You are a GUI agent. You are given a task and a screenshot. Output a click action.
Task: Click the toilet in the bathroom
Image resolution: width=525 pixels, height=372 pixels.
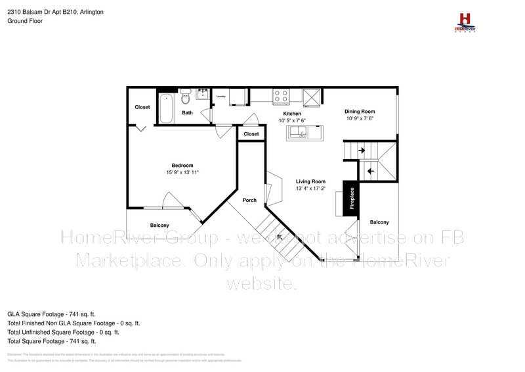coord(185,98)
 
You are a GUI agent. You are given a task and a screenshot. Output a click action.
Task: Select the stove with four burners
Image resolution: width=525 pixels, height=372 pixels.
coord(281,96)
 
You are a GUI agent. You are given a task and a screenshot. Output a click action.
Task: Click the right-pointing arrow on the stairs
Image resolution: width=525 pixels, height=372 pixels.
coord(362,151)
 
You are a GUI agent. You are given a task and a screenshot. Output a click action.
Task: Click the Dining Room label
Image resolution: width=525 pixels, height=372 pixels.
coord(360,111)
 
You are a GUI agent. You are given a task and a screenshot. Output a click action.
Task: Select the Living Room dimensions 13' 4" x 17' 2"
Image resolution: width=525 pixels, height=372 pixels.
coord(310,189)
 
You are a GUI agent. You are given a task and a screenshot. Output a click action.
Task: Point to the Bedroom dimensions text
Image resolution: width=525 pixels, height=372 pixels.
coord(182,172)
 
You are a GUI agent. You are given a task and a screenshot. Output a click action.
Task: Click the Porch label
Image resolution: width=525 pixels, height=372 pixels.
coord(249,200)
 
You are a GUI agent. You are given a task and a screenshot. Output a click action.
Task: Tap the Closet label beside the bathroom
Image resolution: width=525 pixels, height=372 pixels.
coord(142,107)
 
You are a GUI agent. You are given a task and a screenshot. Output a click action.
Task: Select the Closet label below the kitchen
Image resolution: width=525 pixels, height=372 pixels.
coord(251,134)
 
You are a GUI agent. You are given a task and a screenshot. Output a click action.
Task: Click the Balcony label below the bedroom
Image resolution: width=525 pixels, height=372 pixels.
coord(159,225)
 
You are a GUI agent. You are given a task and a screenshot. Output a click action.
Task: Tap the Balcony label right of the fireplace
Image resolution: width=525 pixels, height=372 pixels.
coord(379,222)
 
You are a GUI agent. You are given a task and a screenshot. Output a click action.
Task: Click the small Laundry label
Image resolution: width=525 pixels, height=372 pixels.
coord(221,96)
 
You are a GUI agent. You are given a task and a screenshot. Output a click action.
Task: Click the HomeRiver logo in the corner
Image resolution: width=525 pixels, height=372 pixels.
coord(465,21)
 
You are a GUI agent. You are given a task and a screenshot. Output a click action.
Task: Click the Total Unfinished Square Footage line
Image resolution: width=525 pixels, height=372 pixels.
coord(63,333)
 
